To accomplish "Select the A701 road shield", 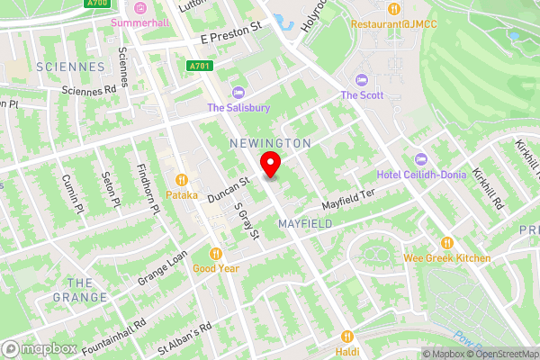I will click(200, 67).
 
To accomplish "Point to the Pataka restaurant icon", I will click(182, 179).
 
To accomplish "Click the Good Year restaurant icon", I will click(216, 253).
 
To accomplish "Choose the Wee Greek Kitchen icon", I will click(447, 243).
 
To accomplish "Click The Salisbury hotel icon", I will click(238, 92).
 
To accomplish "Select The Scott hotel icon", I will click(362, 80).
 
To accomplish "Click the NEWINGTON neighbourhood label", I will click(270, 143).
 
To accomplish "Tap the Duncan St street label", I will click(226, 189).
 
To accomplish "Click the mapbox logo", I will click(39, 348).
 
